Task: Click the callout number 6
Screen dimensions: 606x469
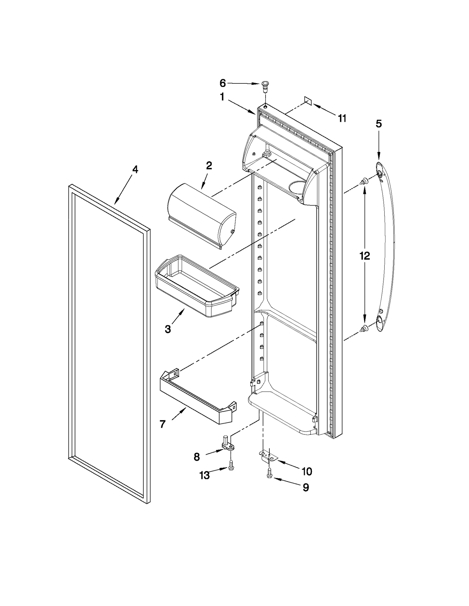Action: pos(222,83)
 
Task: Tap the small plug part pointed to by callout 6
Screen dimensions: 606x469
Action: pos(265,87)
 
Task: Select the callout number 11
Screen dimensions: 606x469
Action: pos(342,119)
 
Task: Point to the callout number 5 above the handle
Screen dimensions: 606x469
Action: pos(379,124)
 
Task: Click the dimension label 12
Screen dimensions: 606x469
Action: pos(365,256)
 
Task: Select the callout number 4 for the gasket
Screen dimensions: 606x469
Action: pos(135,170)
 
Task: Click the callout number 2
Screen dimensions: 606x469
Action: pos(209,166)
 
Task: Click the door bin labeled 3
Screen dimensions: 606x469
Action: pos(196,287)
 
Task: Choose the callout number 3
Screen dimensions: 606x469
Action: pos(168,329)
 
